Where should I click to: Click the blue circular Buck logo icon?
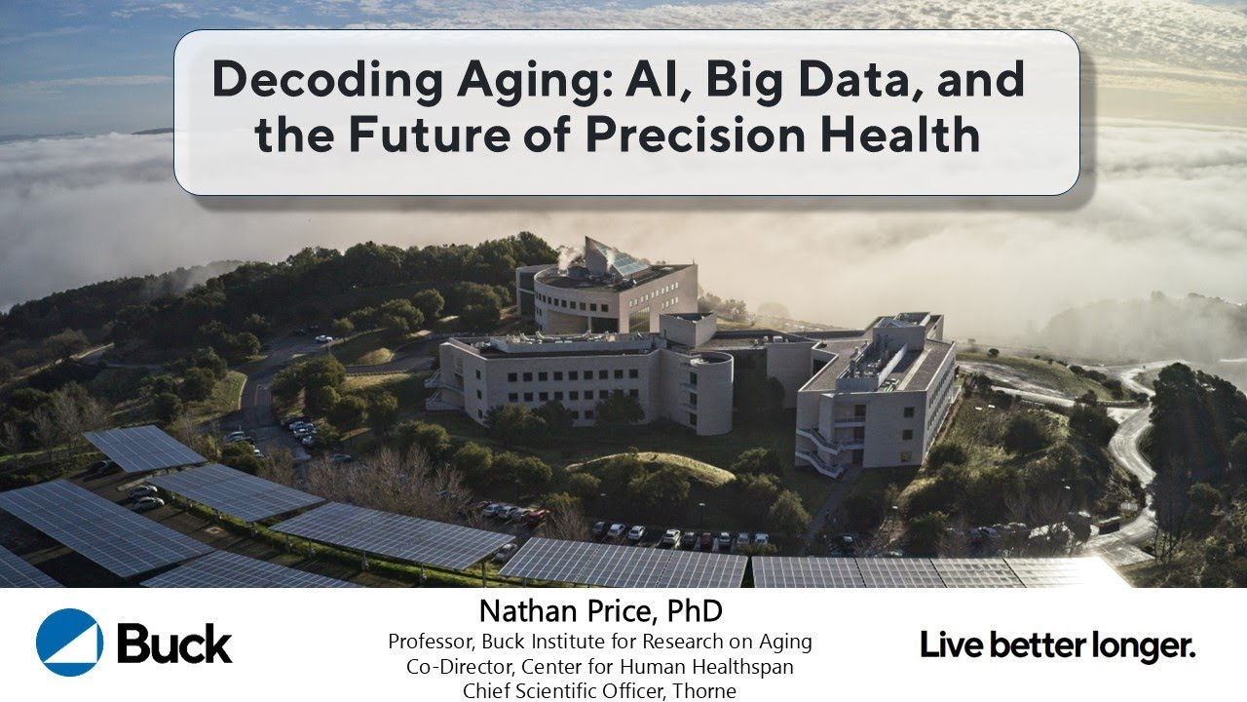(x=69, y=642)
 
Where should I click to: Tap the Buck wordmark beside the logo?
(x=174, y=643)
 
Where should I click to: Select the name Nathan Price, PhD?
(x=599, y=611)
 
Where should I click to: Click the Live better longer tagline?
(x=1058, y=644)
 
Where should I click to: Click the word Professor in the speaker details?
(x=429, y=643)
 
